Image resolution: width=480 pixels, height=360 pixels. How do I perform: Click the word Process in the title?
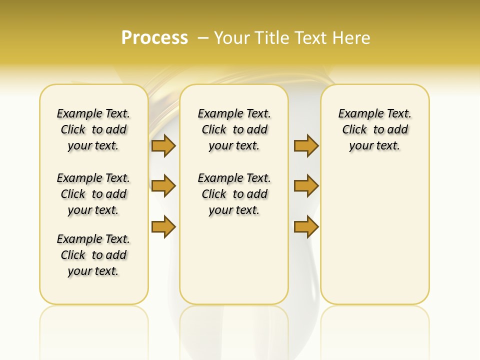(154, 37)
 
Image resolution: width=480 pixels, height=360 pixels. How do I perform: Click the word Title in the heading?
(270, 37)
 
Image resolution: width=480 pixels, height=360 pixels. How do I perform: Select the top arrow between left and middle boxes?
(163, 145)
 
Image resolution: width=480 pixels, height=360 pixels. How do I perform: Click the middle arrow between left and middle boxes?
(163, 186)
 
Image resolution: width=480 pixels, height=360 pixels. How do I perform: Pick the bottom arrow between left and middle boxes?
(163, 226)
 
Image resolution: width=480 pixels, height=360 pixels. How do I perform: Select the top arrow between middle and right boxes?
(306, 145)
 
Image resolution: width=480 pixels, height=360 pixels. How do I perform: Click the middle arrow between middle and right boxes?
(306, 186)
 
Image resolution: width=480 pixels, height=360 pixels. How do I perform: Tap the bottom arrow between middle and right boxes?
(306, 226)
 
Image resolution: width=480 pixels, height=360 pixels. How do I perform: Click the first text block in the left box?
(93, 129)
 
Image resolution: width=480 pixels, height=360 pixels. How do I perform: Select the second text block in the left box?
(93, 194)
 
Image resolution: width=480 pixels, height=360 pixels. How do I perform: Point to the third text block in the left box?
(93, 255)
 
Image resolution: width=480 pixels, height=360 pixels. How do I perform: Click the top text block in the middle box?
(234, 129)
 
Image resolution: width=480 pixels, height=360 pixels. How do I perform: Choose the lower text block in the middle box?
(234, 194)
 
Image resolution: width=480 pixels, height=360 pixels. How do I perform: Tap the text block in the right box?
(374, 129)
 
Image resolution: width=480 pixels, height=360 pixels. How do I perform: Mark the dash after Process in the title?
(203, 37)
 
